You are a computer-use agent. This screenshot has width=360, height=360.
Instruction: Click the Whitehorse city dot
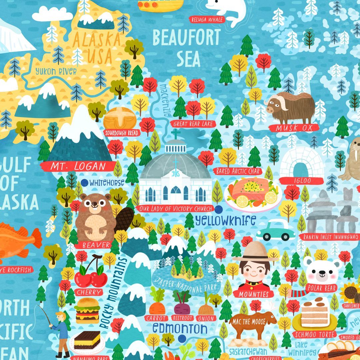pyautogui.click(x=85, y=182)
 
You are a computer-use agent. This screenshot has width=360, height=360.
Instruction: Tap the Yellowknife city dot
pyautogui.click(x=218, y=209)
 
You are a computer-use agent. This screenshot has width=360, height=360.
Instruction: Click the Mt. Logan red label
pyautogui.click(x=78, y=166)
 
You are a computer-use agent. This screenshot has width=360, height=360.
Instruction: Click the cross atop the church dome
pyautogui.click(x=175, y=134)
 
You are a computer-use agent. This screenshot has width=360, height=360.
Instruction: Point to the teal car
pyautogui.click(x=276, y=230)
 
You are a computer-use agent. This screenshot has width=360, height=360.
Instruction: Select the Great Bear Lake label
pyautogui.click(x=192, y=124)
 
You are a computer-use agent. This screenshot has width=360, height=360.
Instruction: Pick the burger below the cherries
pyautogui.click(x=87, y=310)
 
